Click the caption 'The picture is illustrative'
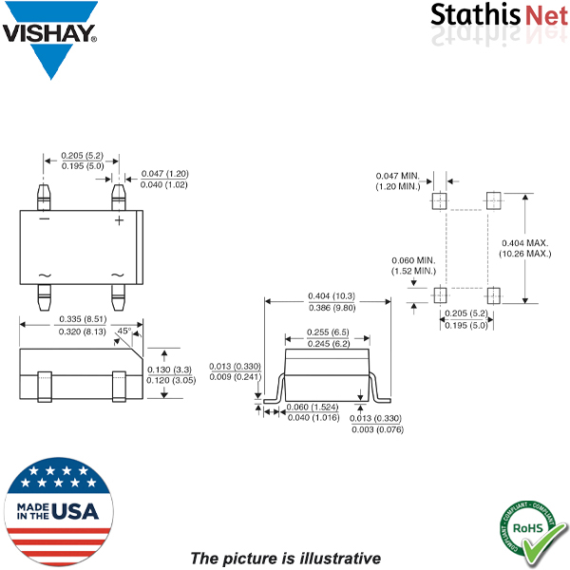[x=285, y=558]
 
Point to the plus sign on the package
[x=119, y=220]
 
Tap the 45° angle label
[x=123, y=332]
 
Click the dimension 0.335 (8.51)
[x=83, y=319]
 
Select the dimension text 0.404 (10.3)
[x=328, y=295]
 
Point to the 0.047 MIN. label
[x=398, y=176]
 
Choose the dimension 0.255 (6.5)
[x=327, y=332]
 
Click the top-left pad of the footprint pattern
[x=439, y=201]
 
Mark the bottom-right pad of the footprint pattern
[x=493, y=294]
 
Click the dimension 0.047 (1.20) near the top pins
[x=164, y=174]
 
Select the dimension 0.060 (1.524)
[x=310, y=407]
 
